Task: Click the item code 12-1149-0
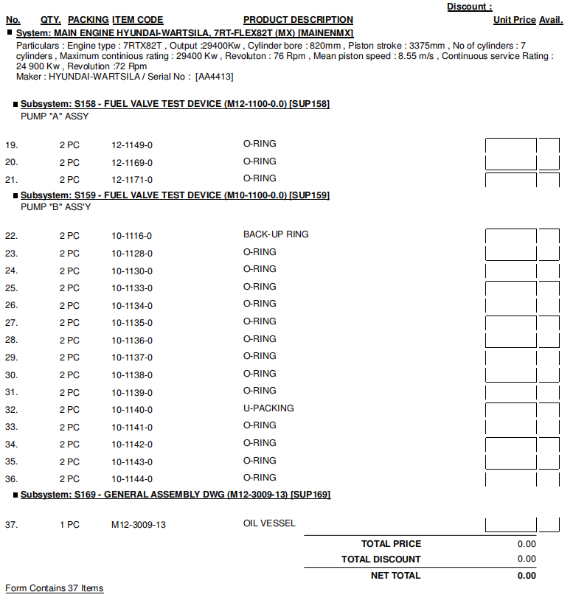pos(132,145)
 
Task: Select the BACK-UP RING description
pos(276,234)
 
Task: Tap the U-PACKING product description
pos(268,408)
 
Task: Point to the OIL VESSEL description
pos(269,523)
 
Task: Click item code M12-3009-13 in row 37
pos(138,526)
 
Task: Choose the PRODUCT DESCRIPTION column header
pos(298,20)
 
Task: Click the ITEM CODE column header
pos(138,20)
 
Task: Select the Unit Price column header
pos(514,20)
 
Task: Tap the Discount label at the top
pos(469,7)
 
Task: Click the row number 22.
pos(11,236)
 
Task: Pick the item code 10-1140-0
pos(132,410)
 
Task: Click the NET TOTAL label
pos(395,575)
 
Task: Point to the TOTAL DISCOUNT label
pos(381,560)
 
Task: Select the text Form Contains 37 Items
pos(54,588)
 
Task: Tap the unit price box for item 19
pos(510,145)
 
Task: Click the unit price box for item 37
pos(510,525)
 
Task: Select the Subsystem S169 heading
pos(176,495)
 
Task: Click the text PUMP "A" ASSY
pos(55,116)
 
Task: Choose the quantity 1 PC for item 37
pos(69,526)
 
